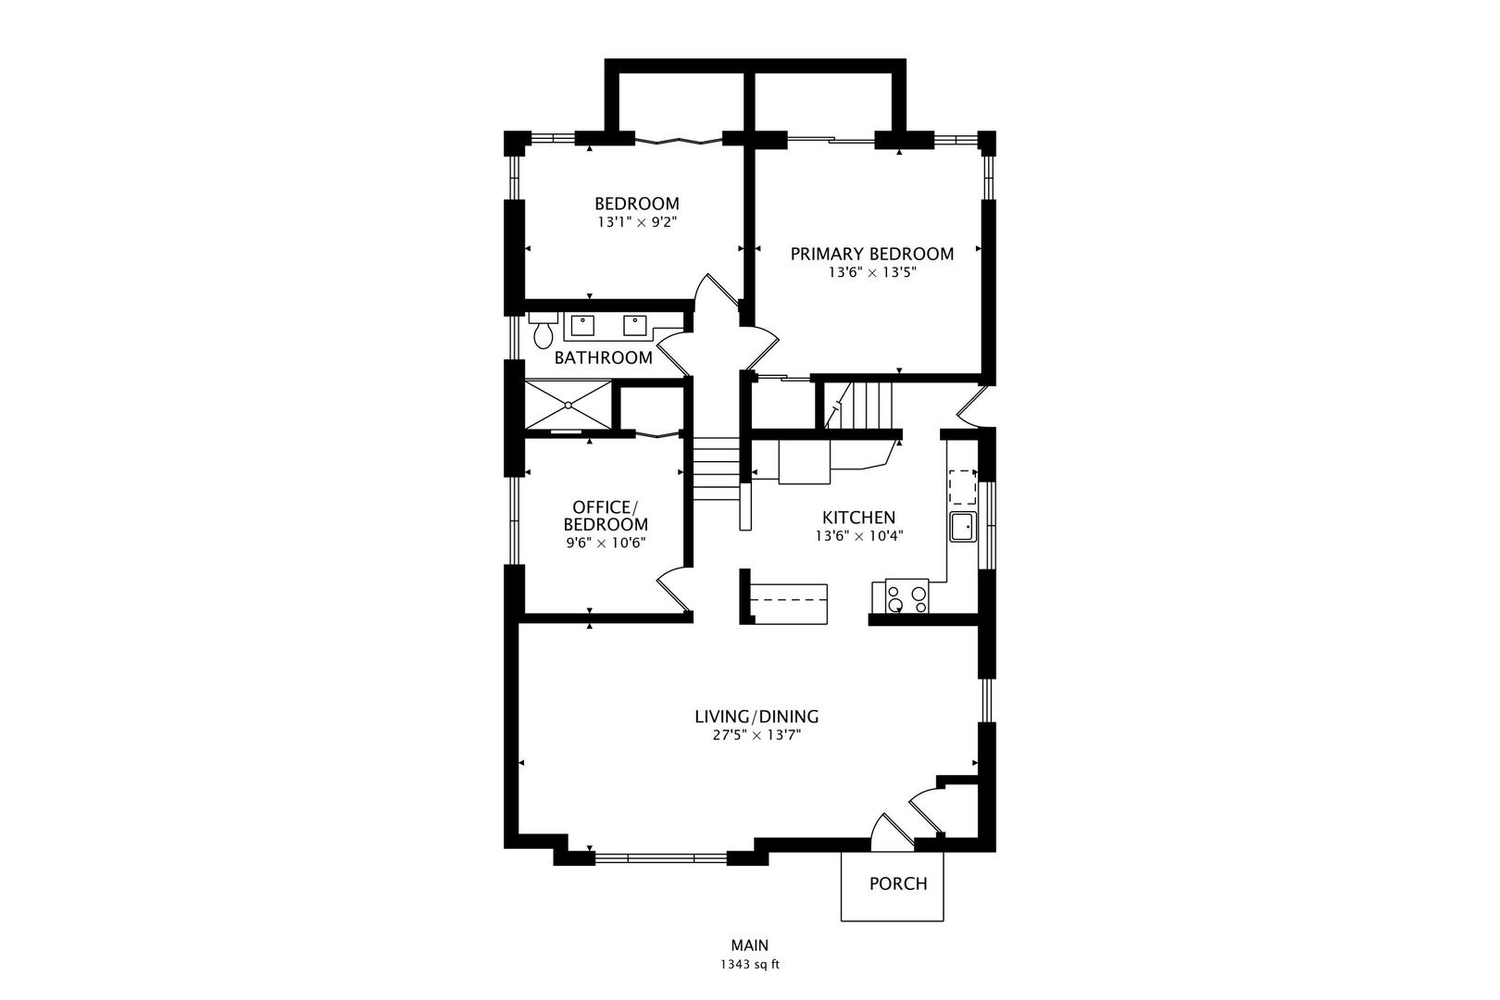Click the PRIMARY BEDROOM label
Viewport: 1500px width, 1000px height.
click(x=872, y=255)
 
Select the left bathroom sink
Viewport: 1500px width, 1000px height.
click(x=582, y=326)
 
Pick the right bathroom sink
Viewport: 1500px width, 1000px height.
click(x=635, y=326)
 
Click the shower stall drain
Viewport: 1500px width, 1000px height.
click(x=568, y=405)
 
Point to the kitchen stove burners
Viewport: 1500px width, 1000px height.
click(x=907, y=596)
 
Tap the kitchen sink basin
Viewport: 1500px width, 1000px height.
click(x=963, y=527)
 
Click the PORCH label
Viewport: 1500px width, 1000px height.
click(x=898, y=884)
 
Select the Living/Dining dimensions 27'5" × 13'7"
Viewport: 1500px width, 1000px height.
click(x=756, y=735)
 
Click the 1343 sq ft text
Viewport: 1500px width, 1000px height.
click(x=750, y=965)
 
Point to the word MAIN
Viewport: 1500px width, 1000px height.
click(x=750, y=945)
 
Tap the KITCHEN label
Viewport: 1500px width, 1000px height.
click(x=858, y=518)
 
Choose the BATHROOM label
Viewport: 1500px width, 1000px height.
click(x=604, y=357)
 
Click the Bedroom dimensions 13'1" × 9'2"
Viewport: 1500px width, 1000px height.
click(x=637, y=222)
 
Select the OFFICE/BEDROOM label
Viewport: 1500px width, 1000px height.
click(x=606, y=516)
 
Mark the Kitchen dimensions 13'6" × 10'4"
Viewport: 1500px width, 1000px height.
click(x=859, y=536)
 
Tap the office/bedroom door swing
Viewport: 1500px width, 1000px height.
click(x=674, y=590)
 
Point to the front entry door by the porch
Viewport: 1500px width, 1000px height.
click(x=892, y=832)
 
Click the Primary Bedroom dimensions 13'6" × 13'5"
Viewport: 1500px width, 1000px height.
click(x=872, y=272)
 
